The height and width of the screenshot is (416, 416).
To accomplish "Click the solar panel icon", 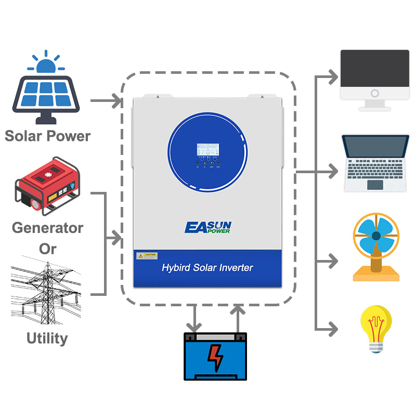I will (46, 99).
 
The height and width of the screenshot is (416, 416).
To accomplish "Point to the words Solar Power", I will (47, 136).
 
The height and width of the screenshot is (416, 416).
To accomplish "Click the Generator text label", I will (47, 228).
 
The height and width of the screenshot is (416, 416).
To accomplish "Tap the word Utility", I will (47, 339).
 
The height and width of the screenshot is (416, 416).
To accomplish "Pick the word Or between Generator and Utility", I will (47, 249).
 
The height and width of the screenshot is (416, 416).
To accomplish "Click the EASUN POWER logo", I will (208, 227).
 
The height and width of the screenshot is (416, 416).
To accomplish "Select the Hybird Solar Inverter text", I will (207, 268).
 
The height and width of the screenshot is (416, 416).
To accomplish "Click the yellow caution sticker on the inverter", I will (147, 256).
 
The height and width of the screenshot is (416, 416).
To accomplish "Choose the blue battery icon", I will (215, 357).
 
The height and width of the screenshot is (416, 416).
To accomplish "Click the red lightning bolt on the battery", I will (215, 358).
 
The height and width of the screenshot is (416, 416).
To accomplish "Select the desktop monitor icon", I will (374, 80).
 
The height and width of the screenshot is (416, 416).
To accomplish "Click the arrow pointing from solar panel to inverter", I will (107, 99).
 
